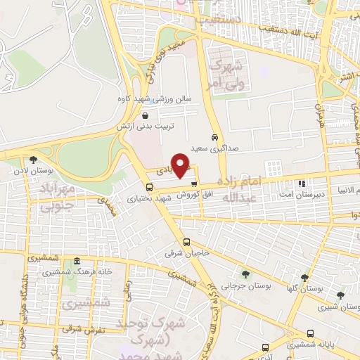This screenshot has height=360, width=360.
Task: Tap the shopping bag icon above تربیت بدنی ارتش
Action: click(x=145, y=116)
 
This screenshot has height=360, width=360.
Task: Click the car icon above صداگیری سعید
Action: click(x=214, y=137)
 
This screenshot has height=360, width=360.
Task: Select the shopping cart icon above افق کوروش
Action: click(x=204, y=184)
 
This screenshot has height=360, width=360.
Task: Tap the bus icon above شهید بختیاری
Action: click(x=149, y=187)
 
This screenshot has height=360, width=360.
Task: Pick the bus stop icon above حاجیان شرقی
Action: click(x=186, y=241)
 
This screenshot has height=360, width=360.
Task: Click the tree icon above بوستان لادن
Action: click(x=33, y=160)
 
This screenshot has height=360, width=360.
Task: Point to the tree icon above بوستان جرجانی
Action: click(x=245, y=274)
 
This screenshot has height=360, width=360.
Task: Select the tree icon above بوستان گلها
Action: click(x=304, y=278)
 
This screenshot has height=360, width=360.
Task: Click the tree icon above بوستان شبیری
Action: click(x=341, y=295)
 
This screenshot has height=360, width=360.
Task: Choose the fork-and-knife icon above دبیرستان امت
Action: click(x=302, y=184)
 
